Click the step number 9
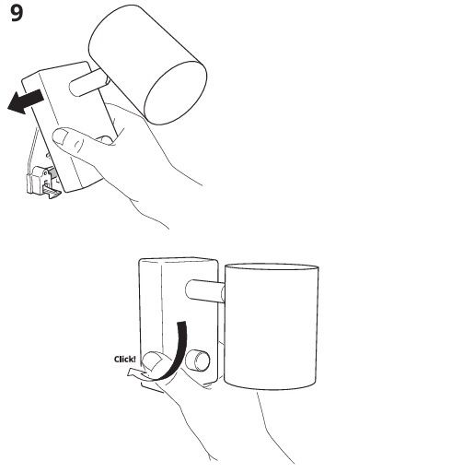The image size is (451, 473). [x=17, y=14]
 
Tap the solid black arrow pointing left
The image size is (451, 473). [x=25, y=101]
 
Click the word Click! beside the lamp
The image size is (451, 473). [x=124, y=360]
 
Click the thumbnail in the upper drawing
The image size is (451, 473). [x=60, y=136]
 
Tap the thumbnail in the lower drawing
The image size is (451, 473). [x=152, y=361]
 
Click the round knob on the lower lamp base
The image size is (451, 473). [x=198, y=360]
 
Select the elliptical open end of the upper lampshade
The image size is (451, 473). [x=176, y=93]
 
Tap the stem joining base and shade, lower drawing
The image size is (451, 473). [x=205, y=290]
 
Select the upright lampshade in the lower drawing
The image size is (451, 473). [x=272, y=326]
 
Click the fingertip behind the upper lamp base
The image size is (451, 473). [x=105, y=140]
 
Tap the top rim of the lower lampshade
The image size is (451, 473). [x=272, y=266]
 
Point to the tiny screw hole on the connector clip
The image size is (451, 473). [x=46, y=173]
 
